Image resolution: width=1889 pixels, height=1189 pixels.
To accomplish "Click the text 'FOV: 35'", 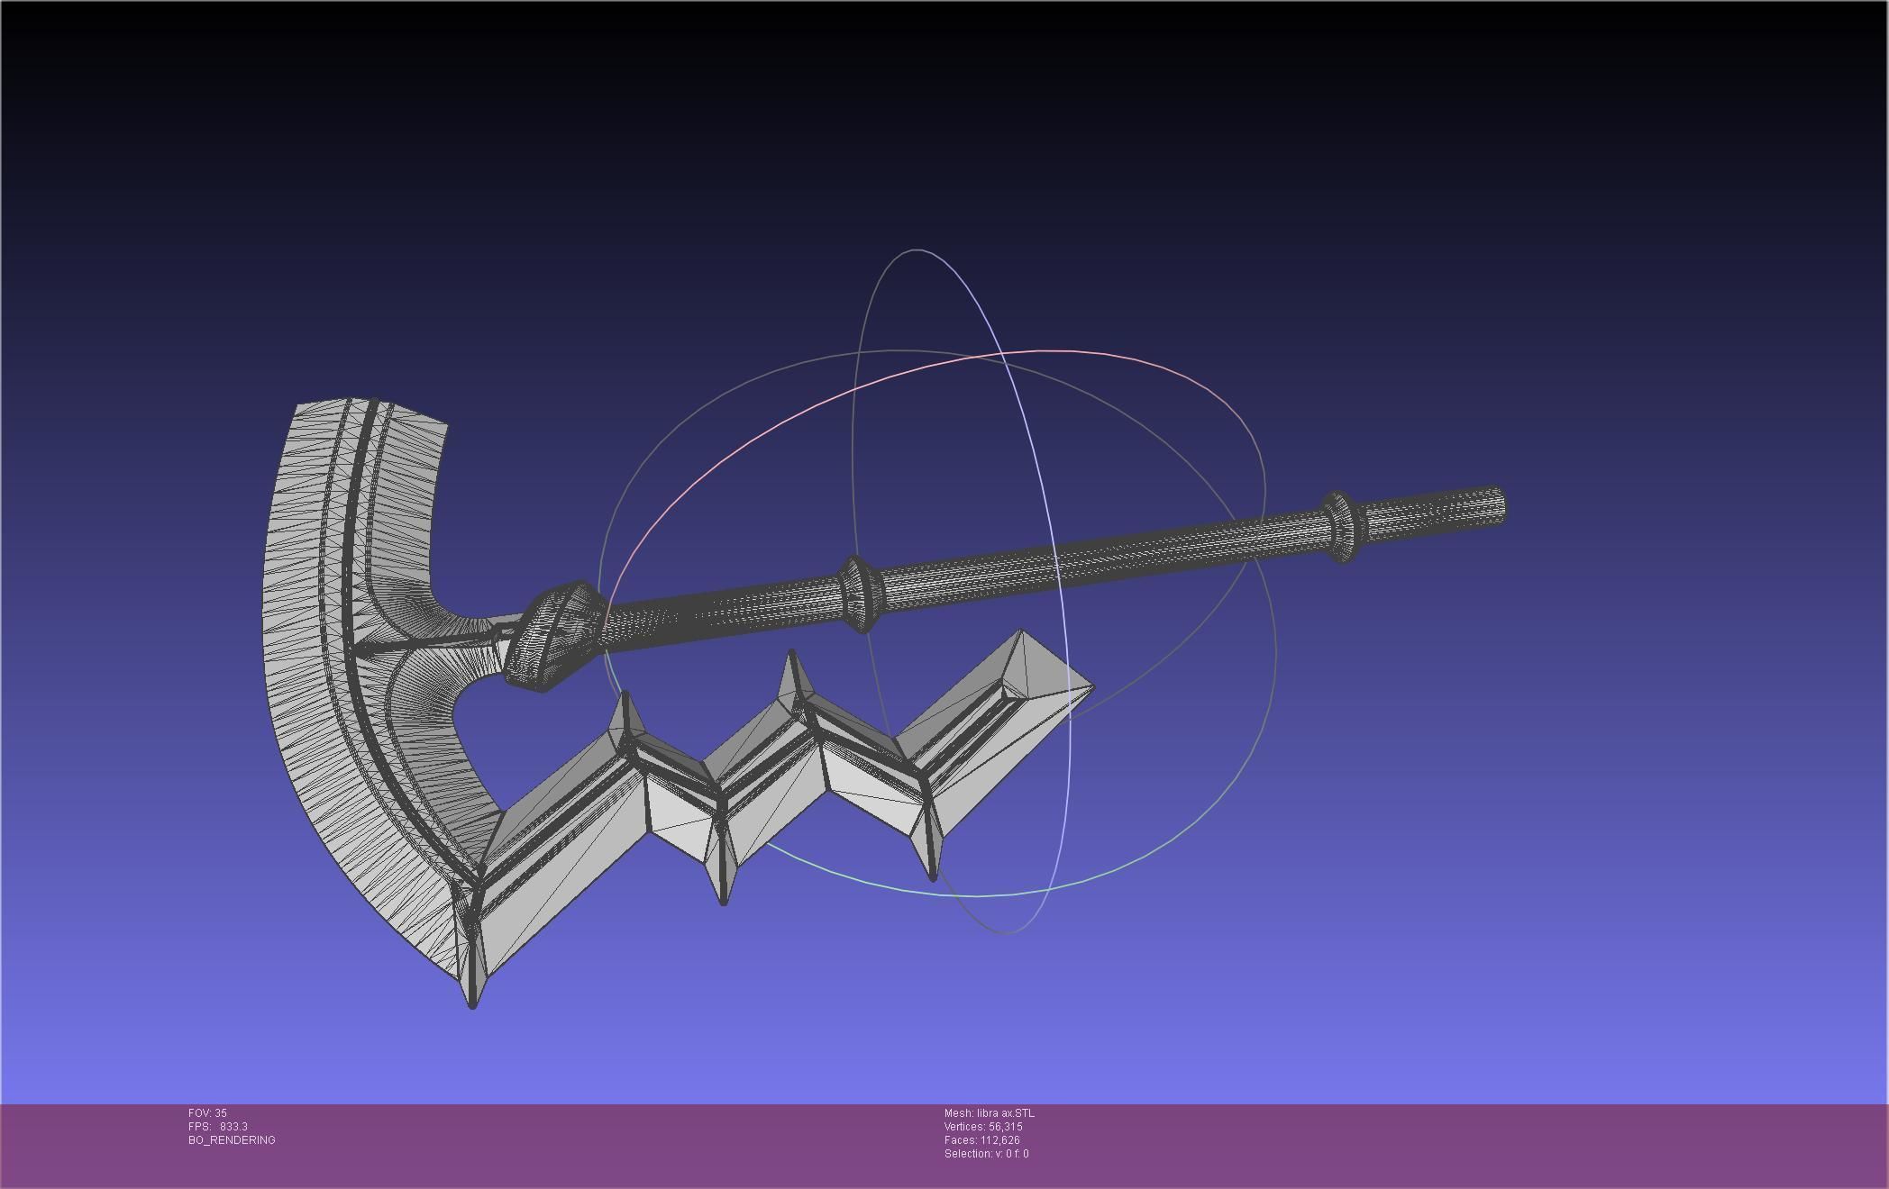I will pos(207,1113).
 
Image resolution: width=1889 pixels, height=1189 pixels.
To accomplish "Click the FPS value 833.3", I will pos(233,1127).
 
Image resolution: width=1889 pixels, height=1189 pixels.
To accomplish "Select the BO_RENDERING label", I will pos(232,1140).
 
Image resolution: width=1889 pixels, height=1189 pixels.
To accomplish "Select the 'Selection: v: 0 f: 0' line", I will pos(986,1154).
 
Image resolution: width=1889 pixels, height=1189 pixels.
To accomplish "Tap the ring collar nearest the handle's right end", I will pos(1341,527).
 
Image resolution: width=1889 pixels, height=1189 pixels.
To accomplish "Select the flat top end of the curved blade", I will pos(370,410).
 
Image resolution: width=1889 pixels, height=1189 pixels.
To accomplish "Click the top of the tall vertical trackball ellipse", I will pos(917,250).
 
